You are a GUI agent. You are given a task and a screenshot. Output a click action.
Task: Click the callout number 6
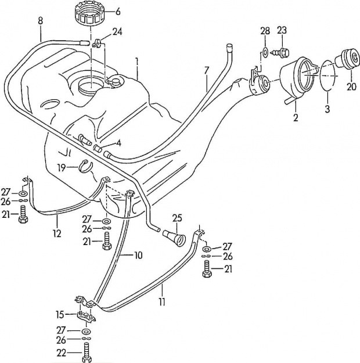(x=118, y=12)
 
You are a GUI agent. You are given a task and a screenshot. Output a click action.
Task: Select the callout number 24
(x=117, y=31)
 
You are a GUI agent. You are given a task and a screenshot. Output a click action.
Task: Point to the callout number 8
(x=40, y=21)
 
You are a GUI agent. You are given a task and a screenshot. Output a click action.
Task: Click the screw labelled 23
(x=280, y=52)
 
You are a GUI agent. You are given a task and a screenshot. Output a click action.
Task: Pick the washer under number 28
(x=265, y=51)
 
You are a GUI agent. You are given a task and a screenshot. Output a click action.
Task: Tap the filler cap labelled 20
(x=348, y=59)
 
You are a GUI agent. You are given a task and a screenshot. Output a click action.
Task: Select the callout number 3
(x=327, y=109)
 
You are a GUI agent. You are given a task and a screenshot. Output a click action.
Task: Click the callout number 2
(x=296, y=117)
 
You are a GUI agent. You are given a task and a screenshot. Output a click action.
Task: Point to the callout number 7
(x=207, y=70)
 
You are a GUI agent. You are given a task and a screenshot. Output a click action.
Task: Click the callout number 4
(x=118, y=143)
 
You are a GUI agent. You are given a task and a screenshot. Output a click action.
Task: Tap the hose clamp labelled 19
(x=85, y=166)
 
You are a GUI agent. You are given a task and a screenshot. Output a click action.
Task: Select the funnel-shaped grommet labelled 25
(x=174, y=238)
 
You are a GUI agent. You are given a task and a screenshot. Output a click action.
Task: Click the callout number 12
(x=57, y=233)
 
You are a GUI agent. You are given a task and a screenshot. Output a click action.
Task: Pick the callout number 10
(x=138, y=256)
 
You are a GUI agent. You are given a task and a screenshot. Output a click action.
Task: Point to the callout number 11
(x=162, y=302)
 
